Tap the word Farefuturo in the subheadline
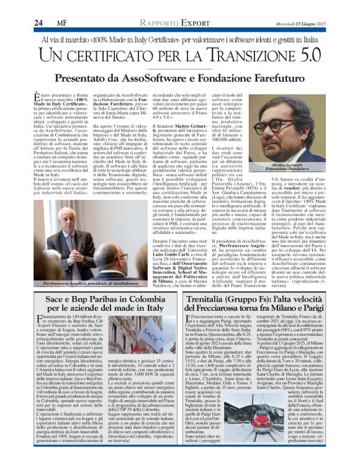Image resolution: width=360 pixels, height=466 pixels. (280, 79)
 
